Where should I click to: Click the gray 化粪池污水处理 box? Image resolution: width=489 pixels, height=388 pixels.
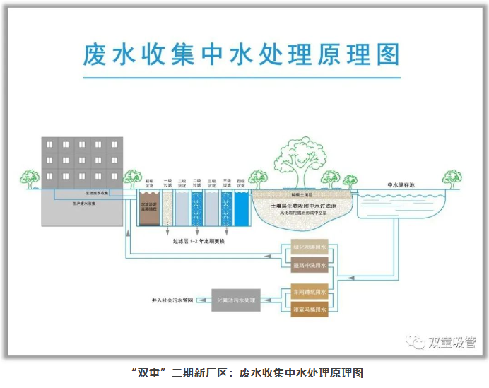(x=235, y=300)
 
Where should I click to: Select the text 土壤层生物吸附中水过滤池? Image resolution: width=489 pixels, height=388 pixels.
(x=302, y=205)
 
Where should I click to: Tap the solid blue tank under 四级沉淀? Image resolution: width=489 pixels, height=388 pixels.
(x=242, y=209)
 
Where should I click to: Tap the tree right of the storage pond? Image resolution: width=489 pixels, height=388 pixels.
(x=452, y=178)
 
